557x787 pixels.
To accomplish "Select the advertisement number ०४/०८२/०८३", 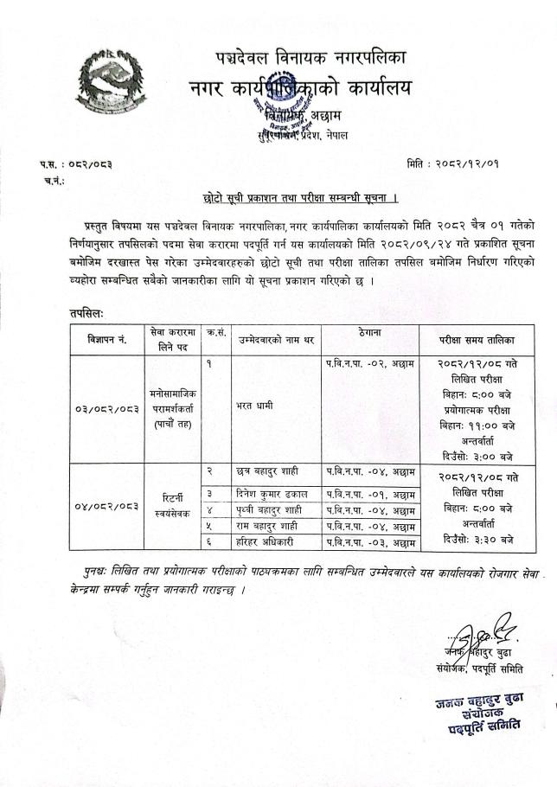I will [106, 504].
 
